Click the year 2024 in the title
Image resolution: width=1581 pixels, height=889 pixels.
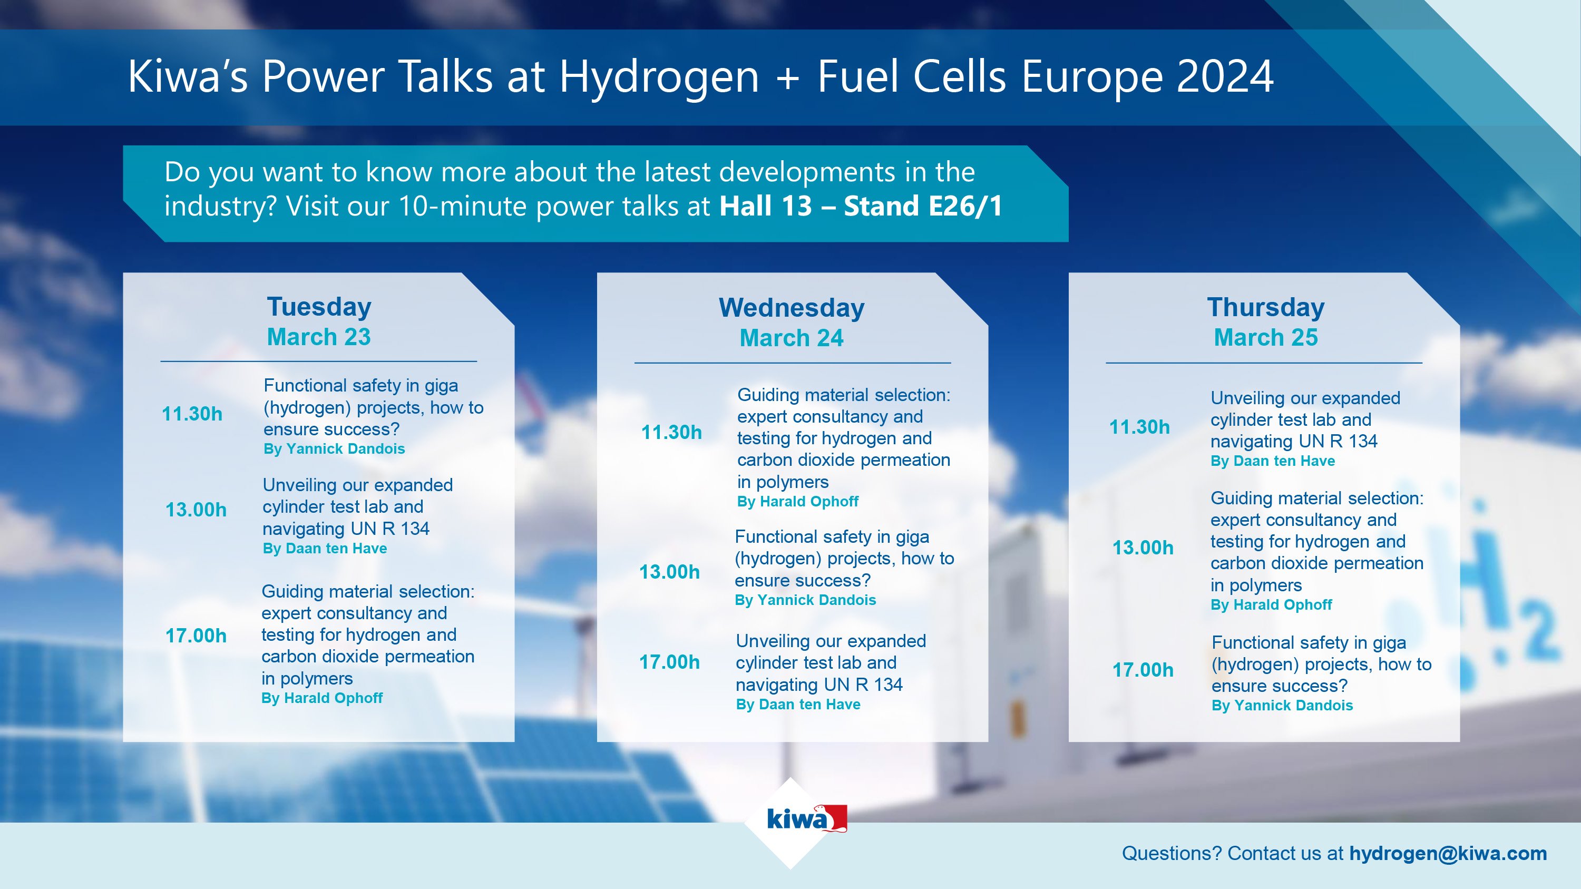tap(1224, 77)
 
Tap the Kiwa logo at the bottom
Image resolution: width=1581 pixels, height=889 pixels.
tap(806, 819)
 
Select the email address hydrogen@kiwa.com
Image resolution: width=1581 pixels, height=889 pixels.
tap(1447, 853)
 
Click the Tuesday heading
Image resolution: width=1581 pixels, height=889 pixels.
tap(319, 306)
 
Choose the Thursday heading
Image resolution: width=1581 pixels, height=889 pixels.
tap(1265, 307)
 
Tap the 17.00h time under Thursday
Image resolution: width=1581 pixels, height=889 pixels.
tap(1142, 670)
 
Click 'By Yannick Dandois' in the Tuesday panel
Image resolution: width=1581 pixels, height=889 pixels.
tap(334, 449)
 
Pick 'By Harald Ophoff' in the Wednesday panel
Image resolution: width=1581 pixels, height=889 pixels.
tap(797, 502)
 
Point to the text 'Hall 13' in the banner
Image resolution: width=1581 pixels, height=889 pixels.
tap(765, 206)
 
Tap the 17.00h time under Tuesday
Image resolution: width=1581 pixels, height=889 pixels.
tap(196, 636)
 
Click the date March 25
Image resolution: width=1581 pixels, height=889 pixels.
tap(1265, 337)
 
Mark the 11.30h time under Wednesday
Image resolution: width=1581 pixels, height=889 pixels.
tap(671, 433)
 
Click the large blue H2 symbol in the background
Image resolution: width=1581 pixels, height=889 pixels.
tap(1498, 589)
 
